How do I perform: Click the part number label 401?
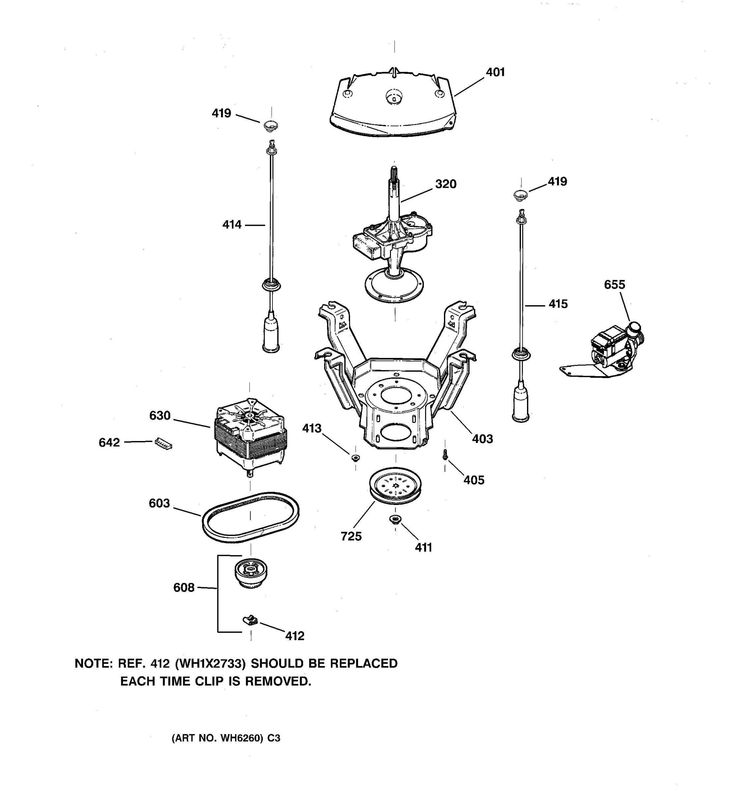[x=495, y=73]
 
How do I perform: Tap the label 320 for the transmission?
[x=446, y=184]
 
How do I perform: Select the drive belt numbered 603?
[x=250, y=517]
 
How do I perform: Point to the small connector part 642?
[x=163, y=443]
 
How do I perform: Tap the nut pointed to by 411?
[x=395, y=519]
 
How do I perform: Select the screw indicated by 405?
[x=445, y=455]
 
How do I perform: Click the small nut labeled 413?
[x=355, y=457]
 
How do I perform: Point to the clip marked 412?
[x=250, y=620]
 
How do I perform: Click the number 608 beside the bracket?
[x=184, y=588]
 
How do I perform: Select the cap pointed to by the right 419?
[x=520, y=194]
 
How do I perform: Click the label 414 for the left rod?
[x=232, y=225]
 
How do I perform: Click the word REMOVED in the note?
[x=278, y=681]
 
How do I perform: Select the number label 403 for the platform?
[x=482, y=439]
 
